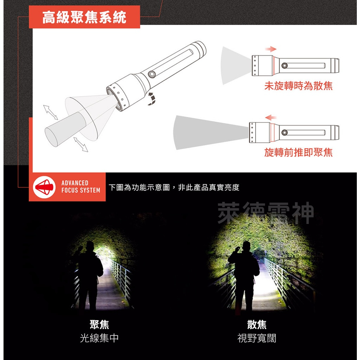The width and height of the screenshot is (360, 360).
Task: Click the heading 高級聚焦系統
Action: pyautogui.click(x=84, y=17)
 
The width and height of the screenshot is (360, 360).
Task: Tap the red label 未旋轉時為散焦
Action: pyautogui.click(x=298, y=86)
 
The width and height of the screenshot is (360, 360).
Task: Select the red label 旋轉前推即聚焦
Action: pyautogui.click(x=298, y=152)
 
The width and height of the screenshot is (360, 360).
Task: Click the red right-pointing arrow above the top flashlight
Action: pyautogui.click(x=271, y=49)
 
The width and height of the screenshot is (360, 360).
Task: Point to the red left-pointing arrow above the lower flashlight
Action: pyautogui.click(x=271, y=117)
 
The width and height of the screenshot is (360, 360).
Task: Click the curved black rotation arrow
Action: pyautogui.click(x=151, y=99)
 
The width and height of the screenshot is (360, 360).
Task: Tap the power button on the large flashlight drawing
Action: pyautogui.click(x=152, y=74)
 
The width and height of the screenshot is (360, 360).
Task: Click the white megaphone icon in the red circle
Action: pyautogui.click(x=45, y=187)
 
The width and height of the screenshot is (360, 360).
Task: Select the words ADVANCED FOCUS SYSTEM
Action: pyautogui.click(x=81, y=187)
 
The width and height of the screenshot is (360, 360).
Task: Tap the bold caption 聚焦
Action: pyautogui.click(x=99, y=324)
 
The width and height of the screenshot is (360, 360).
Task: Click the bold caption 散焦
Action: pyautogui.click(x=257, y=324)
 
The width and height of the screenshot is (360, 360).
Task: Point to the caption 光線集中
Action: pyautogui.click(x=99, y=338)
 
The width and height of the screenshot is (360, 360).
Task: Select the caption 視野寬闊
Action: pyautogui.click(x=257, y=338)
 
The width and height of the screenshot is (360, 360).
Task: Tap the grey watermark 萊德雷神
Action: pyautogui.click(x=265, y=213)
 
